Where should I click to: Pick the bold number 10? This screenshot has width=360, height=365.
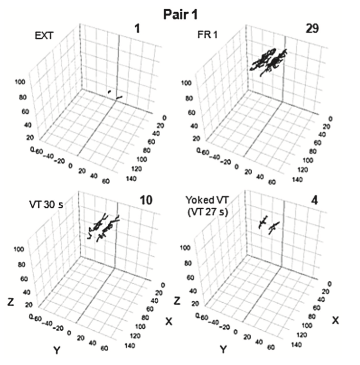tap(146, 200)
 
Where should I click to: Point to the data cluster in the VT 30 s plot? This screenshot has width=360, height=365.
tap(102, 226)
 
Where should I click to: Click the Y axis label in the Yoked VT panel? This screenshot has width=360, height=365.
tap(222, 349)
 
